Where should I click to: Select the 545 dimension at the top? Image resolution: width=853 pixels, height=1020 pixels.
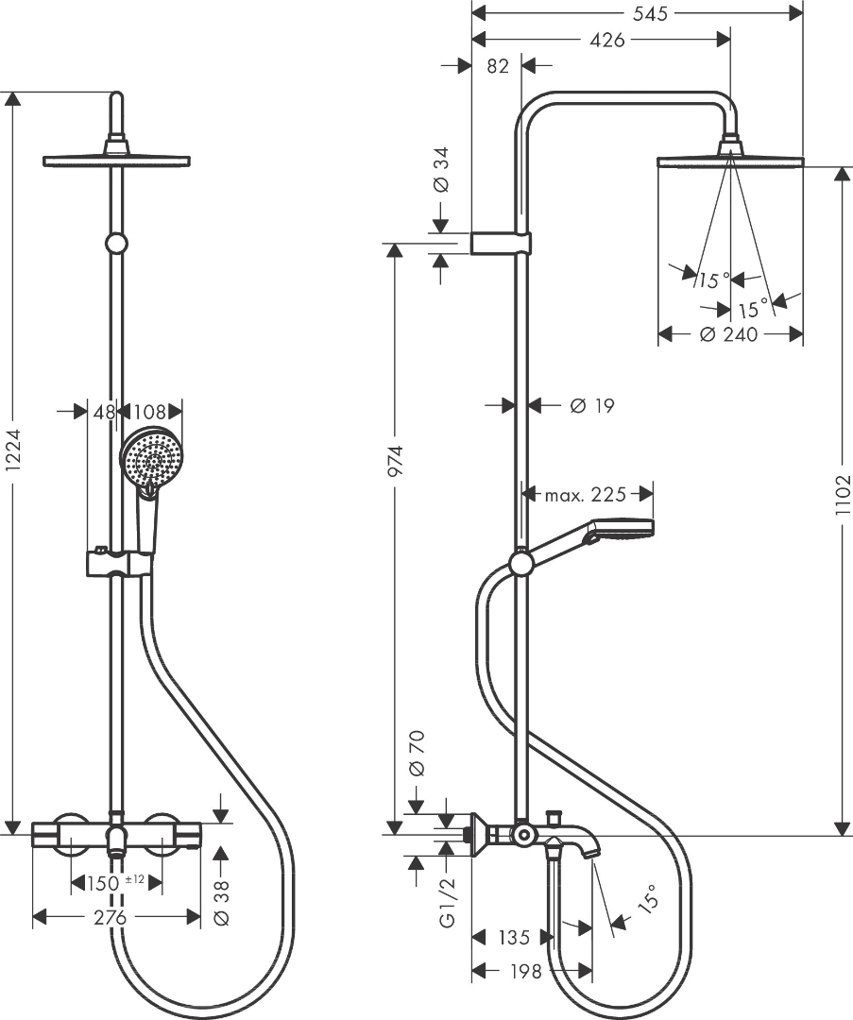[x=649, y=13]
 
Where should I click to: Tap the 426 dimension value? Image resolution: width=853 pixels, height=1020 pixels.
[x=606, y=41]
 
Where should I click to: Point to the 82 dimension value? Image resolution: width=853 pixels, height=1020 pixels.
[x=498, y=66]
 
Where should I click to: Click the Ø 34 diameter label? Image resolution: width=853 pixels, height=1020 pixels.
[x=440, y=173]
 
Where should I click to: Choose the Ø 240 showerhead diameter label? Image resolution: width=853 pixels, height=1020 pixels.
[x=729, y=334]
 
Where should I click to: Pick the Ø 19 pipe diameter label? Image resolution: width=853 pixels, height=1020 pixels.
[x=592, y=406]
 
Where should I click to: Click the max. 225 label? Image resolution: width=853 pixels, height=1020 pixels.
[x=587, y=494]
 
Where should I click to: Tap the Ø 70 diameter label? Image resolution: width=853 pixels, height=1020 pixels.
[x=418, y=754]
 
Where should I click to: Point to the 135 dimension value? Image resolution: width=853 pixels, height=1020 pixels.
[x=513, y=938]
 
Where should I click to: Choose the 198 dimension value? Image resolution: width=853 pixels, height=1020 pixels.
[x=524, y=971]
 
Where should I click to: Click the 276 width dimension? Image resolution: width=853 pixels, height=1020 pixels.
[x=115, y=917]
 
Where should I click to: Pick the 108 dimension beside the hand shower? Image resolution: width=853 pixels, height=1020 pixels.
[x=149, y=412]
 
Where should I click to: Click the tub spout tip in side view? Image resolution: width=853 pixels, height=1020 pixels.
[x=591, y=855]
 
